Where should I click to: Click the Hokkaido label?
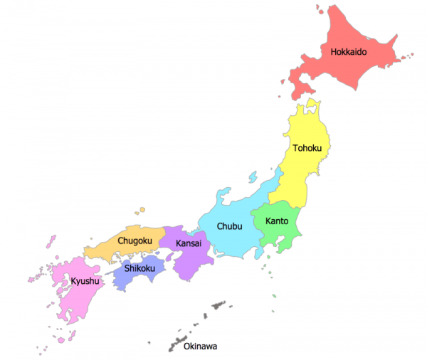point(348,51)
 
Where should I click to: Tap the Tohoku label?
point(307,148)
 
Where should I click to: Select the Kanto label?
point(277,221)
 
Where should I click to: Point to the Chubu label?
point(230,226)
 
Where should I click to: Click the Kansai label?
point(189,243)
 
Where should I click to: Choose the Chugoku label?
point(135,240)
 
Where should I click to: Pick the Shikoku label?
point(139,268)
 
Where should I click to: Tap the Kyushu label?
point(85,282)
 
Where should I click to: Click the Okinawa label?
point(200,346)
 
